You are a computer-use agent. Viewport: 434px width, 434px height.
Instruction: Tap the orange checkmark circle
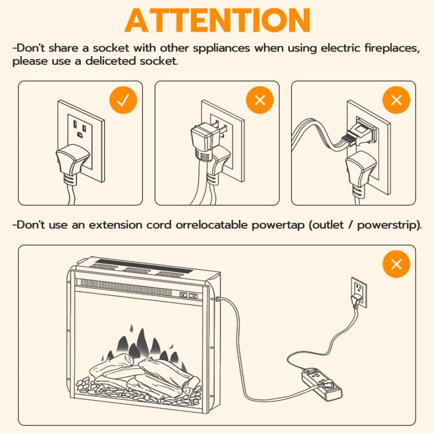pos(123,100)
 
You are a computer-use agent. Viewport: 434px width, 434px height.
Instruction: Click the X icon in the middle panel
pos(260,100)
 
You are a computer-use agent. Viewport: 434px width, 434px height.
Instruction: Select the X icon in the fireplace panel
pos(396,264)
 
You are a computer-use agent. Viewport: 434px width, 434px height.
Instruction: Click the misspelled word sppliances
pos(222,49)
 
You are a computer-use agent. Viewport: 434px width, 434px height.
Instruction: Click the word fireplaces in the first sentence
pos(392,48)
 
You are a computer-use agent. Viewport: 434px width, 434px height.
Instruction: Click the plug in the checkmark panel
pos(72,165)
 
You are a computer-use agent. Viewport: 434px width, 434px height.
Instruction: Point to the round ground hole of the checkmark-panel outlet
pos(80,135)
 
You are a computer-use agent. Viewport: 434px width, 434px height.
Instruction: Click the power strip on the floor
pos(322,384)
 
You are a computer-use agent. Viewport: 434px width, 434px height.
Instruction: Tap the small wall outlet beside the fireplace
pos(359,292)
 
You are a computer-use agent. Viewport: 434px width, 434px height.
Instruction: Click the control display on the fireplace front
pos(189,295)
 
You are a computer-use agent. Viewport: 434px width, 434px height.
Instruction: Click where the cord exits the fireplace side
pos(217,299)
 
